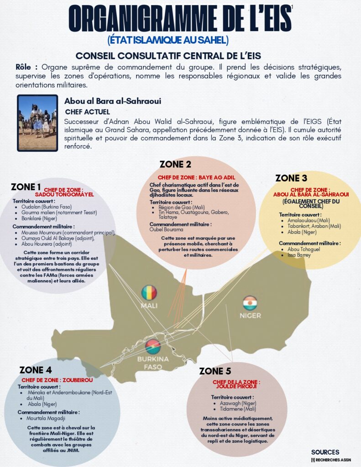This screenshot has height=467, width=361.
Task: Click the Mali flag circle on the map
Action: coord(149,292)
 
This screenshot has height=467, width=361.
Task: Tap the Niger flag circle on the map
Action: coord(250,303)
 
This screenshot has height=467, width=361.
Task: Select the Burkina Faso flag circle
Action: coord(153,347)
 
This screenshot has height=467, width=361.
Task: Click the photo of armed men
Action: coord(37,123)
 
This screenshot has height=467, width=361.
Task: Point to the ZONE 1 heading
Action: coord(26,187)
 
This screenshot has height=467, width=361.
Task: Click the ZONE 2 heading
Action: coord(175,165)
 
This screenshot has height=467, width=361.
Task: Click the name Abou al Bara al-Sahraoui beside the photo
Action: coord(112,101)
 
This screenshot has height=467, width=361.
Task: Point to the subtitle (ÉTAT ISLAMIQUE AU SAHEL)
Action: coord(167,40)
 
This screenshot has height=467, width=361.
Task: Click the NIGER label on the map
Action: coord(250,316)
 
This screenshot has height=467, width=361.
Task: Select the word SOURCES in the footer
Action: coord(325,452)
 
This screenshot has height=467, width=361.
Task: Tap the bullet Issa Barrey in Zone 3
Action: coord(300,255)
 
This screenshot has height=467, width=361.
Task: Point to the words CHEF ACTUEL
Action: coord(87,112)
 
